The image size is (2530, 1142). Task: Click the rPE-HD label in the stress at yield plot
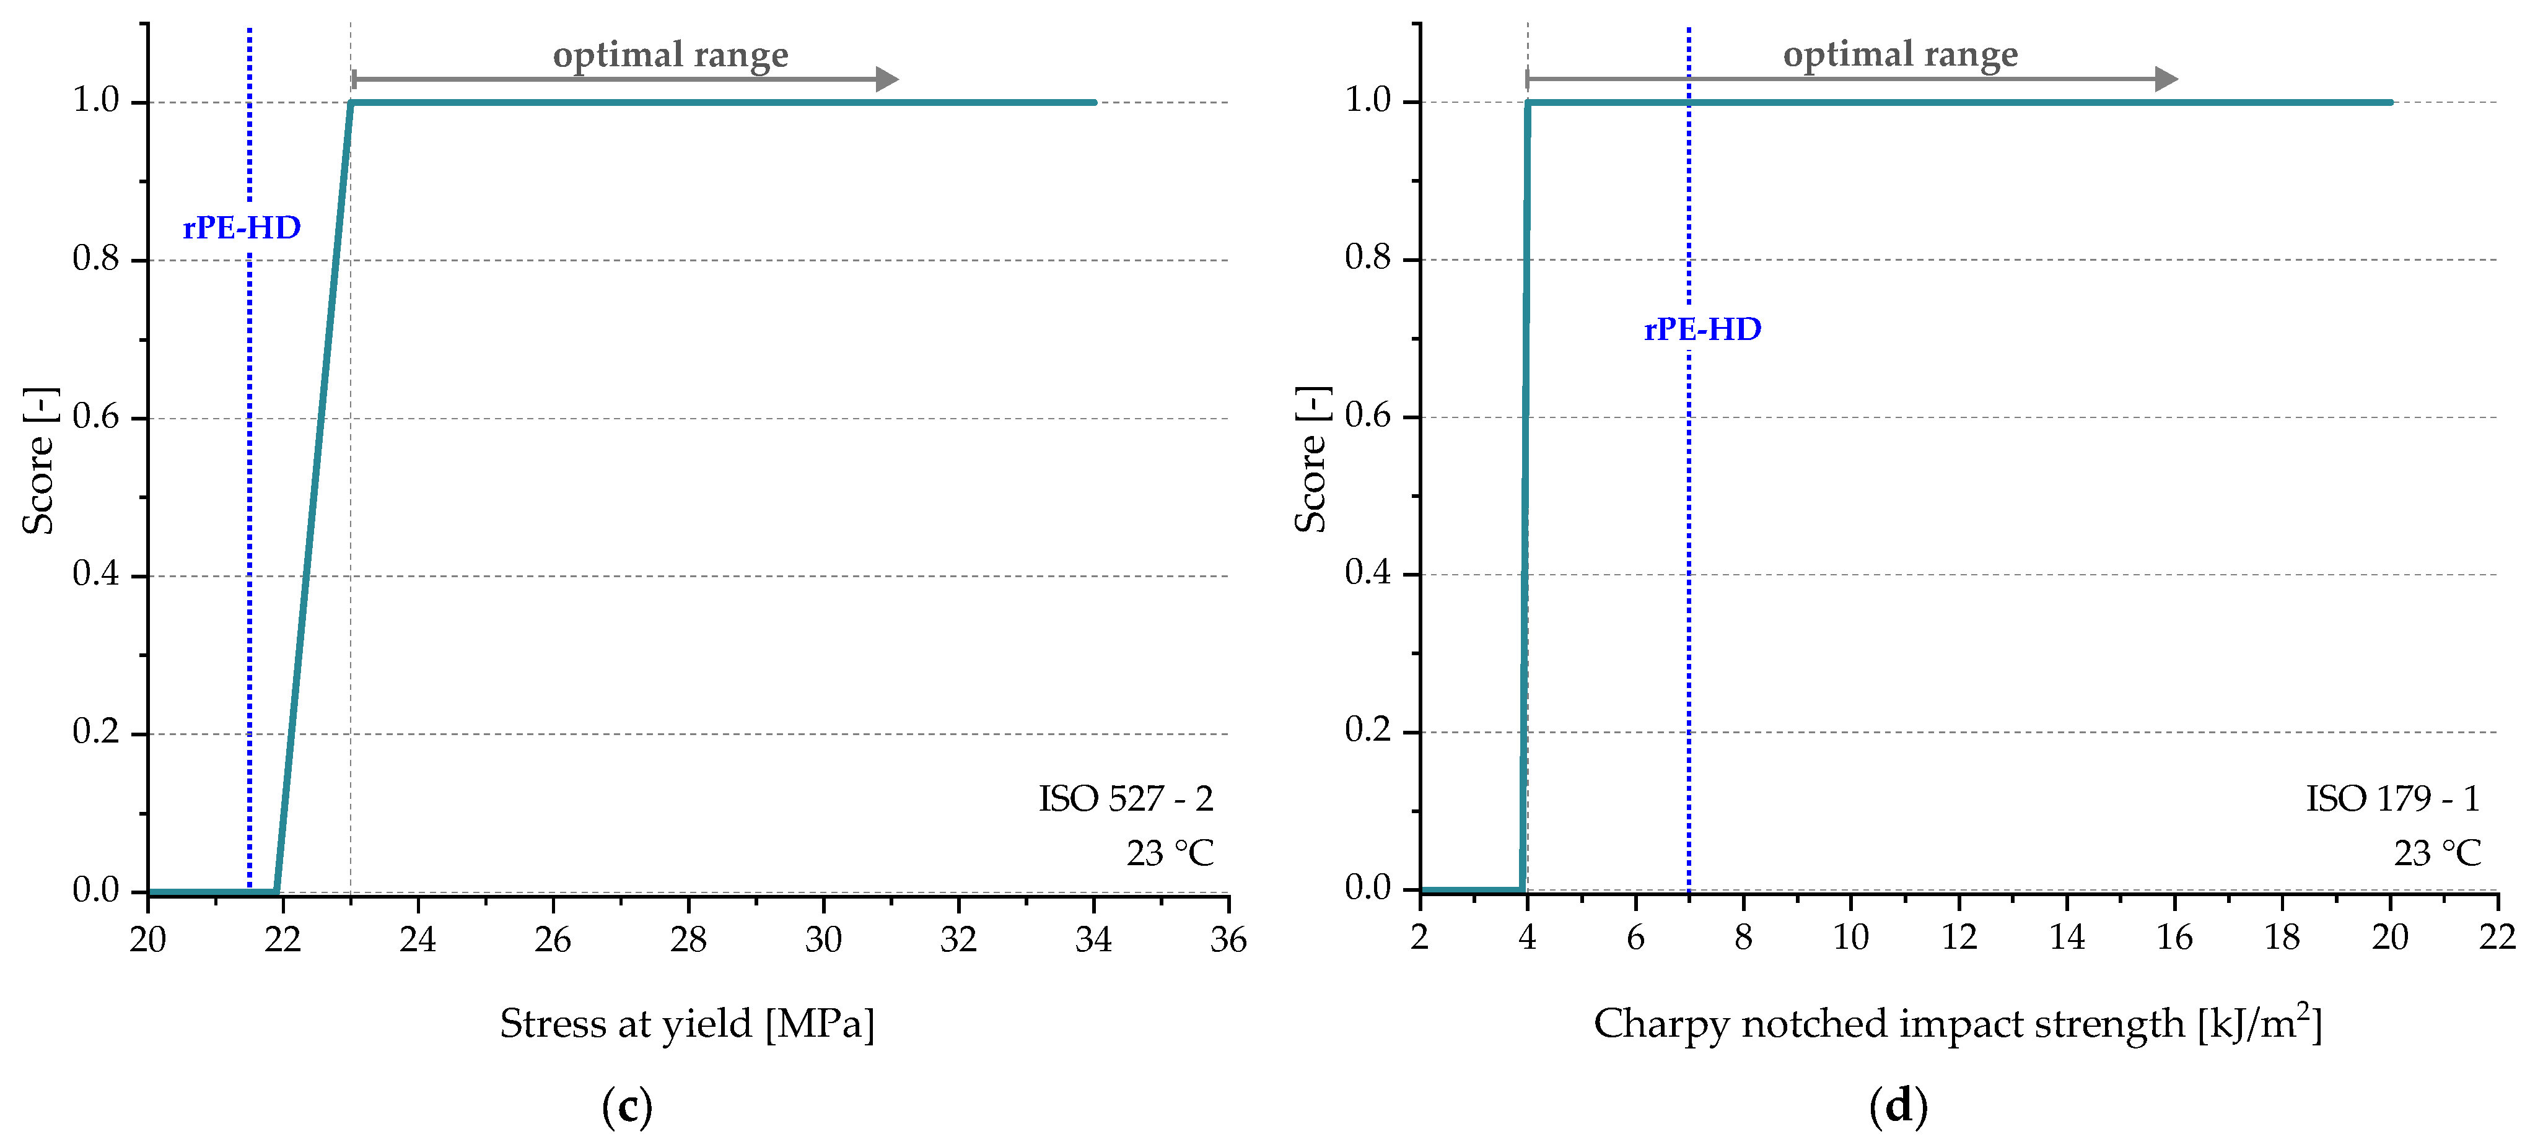(242, 228)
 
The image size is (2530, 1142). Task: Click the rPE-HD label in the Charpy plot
(1702, 329)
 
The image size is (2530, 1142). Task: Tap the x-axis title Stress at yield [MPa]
(686, 1024)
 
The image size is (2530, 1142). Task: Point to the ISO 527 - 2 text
(1126, 798)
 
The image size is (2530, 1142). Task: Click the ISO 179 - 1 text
(2392, 798)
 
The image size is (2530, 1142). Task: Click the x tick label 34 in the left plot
(1093, 939)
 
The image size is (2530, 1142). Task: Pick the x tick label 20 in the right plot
(2389, 938)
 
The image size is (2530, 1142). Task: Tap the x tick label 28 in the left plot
(688, 939)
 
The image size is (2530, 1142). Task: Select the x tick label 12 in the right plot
(1958, 938)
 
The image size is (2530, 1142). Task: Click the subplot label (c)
(626, 1107)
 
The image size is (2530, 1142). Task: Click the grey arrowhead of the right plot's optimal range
(2166, 79)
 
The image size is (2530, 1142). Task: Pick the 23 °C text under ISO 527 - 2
(1169, 853)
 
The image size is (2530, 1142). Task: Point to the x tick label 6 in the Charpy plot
(1635, 938)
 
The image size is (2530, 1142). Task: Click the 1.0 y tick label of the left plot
(95, 100)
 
